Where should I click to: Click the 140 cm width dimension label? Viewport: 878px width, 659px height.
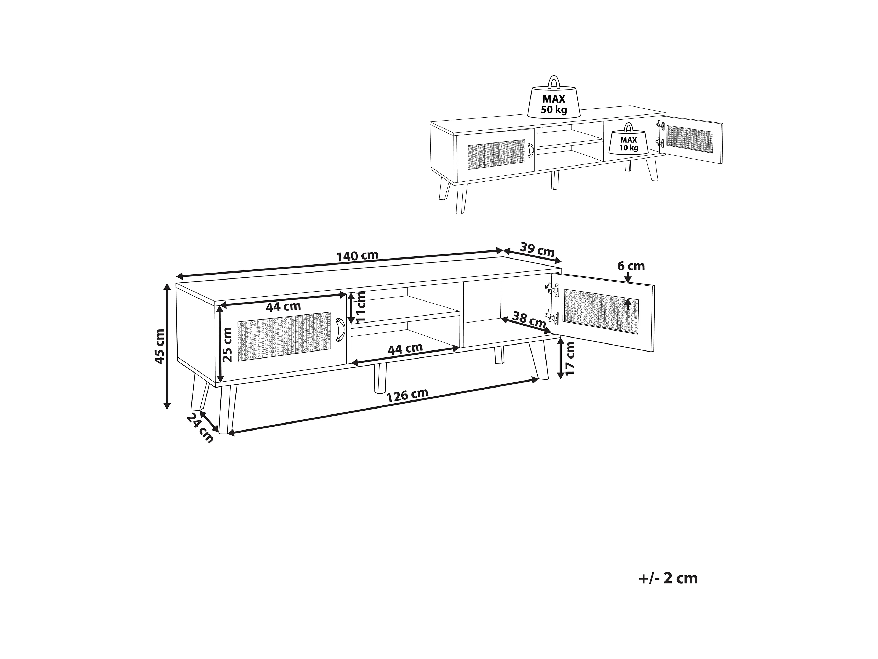click(357, 256)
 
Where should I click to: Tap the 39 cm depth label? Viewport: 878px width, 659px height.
click(537, 250)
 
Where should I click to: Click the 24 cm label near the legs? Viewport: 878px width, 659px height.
click(200, 428)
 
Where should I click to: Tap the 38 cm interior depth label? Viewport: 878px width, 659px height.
click(529, 320)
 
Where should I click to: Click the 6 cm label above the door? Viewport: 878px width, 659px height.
click(631, 266)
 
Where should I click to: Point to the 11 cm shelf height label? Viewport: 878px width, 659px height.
click(360, 307)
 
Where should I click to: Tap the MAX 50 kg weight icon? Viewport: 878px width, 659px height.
click(554, 101)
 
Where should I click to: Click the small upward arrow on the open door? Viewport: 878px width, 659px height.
click(627, 304)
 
